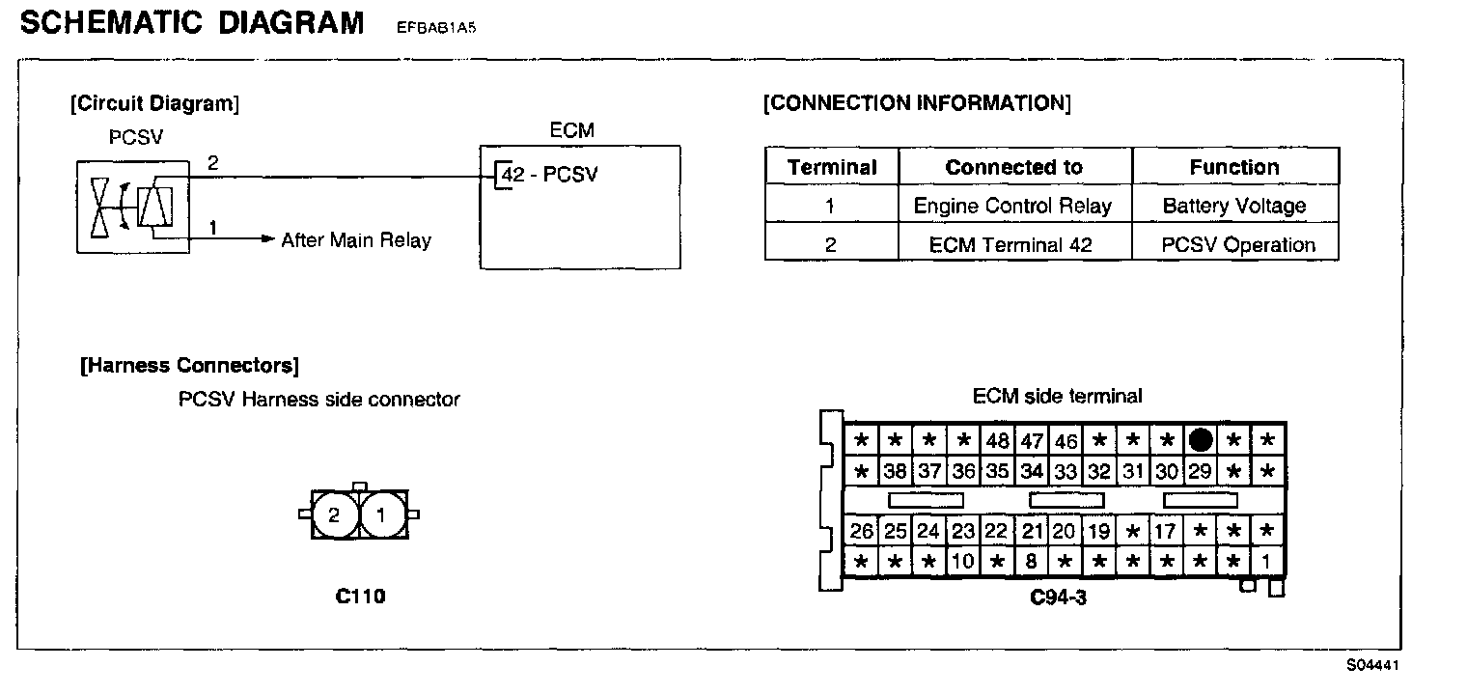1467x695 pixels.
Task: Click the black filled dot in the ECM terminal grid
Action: coord(1200,441)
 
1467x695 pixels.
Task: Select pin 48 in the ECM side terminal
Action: coord(997,442)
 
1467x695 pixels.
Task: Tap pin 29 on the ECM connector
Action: coord(1200,472)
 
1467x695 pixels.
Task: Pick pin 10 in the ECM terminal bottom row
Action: coord(962,561)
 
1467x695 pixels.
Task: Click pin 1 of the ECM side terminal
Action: coord(1266,561)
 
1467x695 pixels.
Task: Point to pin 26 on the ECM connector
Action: coord(862,531)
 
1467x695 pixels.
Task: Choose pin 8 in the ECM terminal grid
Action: coord(1031,561)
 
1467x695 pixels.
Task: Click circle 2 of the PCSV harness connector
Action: coord(334,514)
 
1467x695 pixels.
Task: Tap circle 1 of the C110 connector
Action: coord(381,514)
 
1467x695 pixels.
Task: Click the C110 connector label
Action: coord(360,597)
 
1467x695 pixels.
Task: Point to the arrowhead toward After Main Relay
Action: coord(269,238)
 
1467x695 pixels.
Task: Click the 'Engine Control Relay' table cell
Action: coord(1012,206)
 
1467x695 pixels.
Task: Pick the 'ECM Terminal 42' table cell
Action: coord(1010,244)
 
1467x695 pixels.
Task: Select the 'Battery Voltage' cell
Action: coord(1233,206)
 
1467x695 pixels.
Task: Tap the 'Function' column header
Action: coord(1233,167)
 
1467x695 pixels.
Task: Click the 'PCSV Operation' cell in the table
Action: coord(1237,244)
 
